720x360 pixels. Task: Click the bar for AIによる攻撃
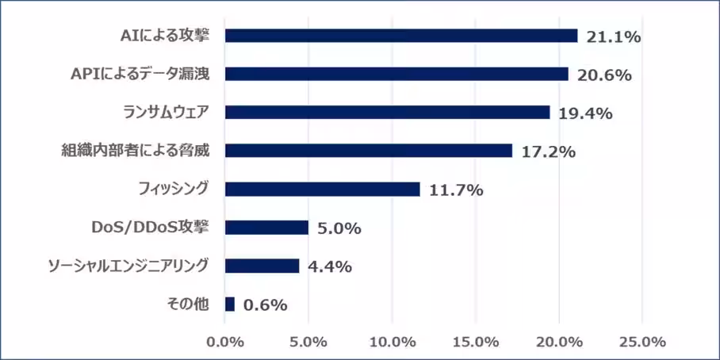(x=401, y=36)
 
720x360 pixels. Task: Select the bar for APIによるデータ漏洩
(x=396, y=74)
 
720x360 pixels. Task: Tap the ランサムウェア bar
(x=387, y=113)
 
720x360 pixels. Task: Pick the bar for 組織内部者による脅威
(x=369, y=151)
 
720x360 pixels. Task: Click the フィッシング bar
(x=323, y=189)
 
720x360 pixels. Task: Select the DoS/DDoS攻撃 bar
(x=266, y=228)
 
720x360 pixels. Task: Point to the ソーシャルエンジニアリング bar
(x=262, y=266)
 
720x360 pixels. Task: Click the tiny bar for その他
(x=230, y=304)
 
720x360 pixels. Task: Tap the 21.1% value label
(x=613, y=36)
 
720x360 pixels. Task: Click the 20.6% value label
(x=603, y=75)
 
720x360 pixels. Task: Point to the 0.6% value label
(x=265, y=304)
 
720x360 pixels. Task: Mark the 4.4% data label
(x=329, y=266)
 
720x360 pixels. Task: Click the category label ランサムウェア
(x=167, y=112)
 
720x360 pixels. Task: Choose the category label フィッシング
(x=172, y=189)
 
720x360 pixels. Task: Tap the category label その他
(x=191, y=304)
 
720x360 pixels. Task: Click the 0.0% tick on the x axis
(x=226, y=342)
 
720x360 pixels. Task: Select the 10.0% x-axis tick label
(x=393, y=342)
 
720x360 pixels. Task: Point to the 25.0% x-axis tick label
(x=642, y=342)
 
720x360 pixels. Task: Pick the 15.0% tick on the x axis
(x=476, y=342)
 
